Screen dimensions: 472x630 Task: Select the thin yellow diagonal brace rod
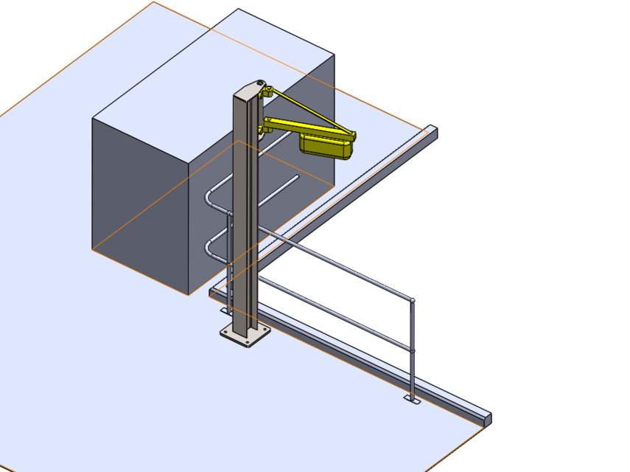tap(309, 111)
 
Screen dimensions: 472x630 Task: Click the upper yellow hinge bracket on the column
tap(267, 92)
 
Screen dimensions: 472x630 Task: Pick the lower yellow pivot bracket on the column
tap(262, 131)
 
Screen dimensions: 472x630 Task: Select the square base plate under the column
tap(245, 336)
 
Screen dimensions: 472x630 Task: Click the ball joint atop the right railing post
tap(412, 300)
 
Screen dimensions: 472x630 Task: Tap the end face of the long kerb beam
tap(487, 419)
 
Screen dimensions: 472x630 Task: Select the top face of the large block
tap(214, 74)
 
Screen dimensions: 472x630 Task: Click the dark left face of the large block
tap(140, 199)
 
